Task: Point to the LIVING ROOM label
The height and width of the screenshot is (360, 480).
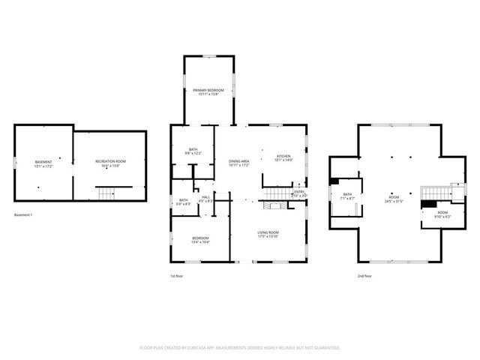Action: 268,234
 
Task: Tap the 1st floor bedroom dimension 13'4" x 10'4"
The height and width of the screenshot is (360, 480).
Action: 199,242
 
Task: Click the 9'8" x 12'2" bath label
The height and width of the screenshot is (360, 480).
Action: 193,154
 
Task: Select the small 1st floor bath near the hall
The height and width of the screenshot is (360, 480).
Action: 182,201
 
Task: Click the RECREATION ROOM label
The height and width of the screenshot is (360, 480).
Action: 110,163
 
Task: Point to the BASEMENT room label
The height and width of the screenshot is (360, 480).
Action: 43,163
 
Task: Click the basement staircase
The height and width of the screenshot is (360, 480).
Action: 110,193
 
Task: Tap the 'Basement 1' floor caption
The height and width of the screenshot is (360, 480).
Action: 25,215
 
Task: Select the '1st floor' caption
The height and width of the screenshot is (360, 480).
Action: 177,276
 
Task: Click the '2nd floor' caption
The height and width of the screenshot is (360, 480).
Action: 365,276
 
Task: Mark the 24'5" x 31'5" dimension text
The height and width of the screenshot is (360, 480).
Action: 394,201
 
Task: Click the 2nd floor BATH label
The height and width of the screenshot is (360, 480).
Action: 347,196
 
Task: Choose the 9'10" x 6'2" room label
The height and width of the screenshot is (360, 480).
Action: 443,215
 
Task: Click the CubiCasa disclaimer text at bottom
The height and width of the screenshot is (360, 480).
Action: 240,347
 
